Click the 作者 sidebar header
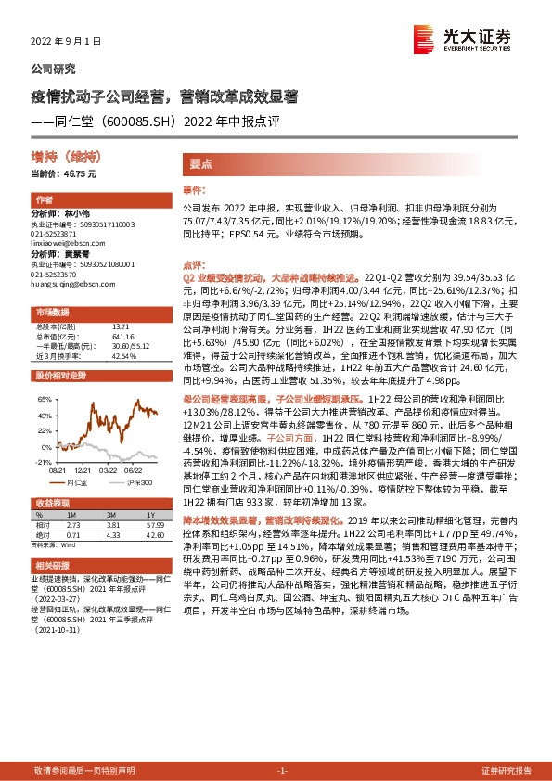point(45,200)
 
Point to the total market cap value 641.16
point(122,335)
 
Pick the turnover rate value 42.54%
point(123,355)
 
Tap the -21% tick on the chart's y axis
point(42,461)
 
